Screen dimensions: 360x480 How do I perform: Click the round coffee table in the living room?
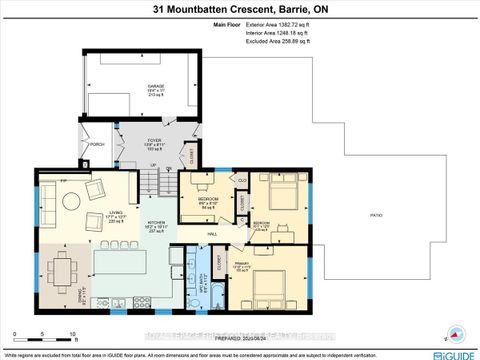[74, 200]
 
